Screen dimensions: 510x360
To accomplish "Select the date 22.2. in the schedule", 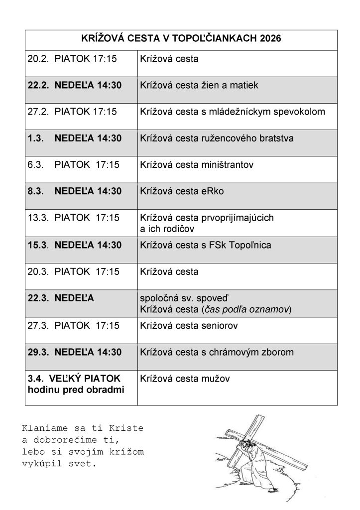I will [37, 85].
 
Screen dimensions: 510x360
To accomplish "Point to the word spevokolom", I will [301, 112].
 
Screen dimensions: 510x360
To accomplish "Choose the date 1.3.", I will [34, 138].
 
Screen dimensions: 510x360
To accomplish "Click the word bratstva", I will [290, 138].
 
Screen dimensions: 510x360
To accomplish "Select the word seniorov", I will [220, 326].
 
